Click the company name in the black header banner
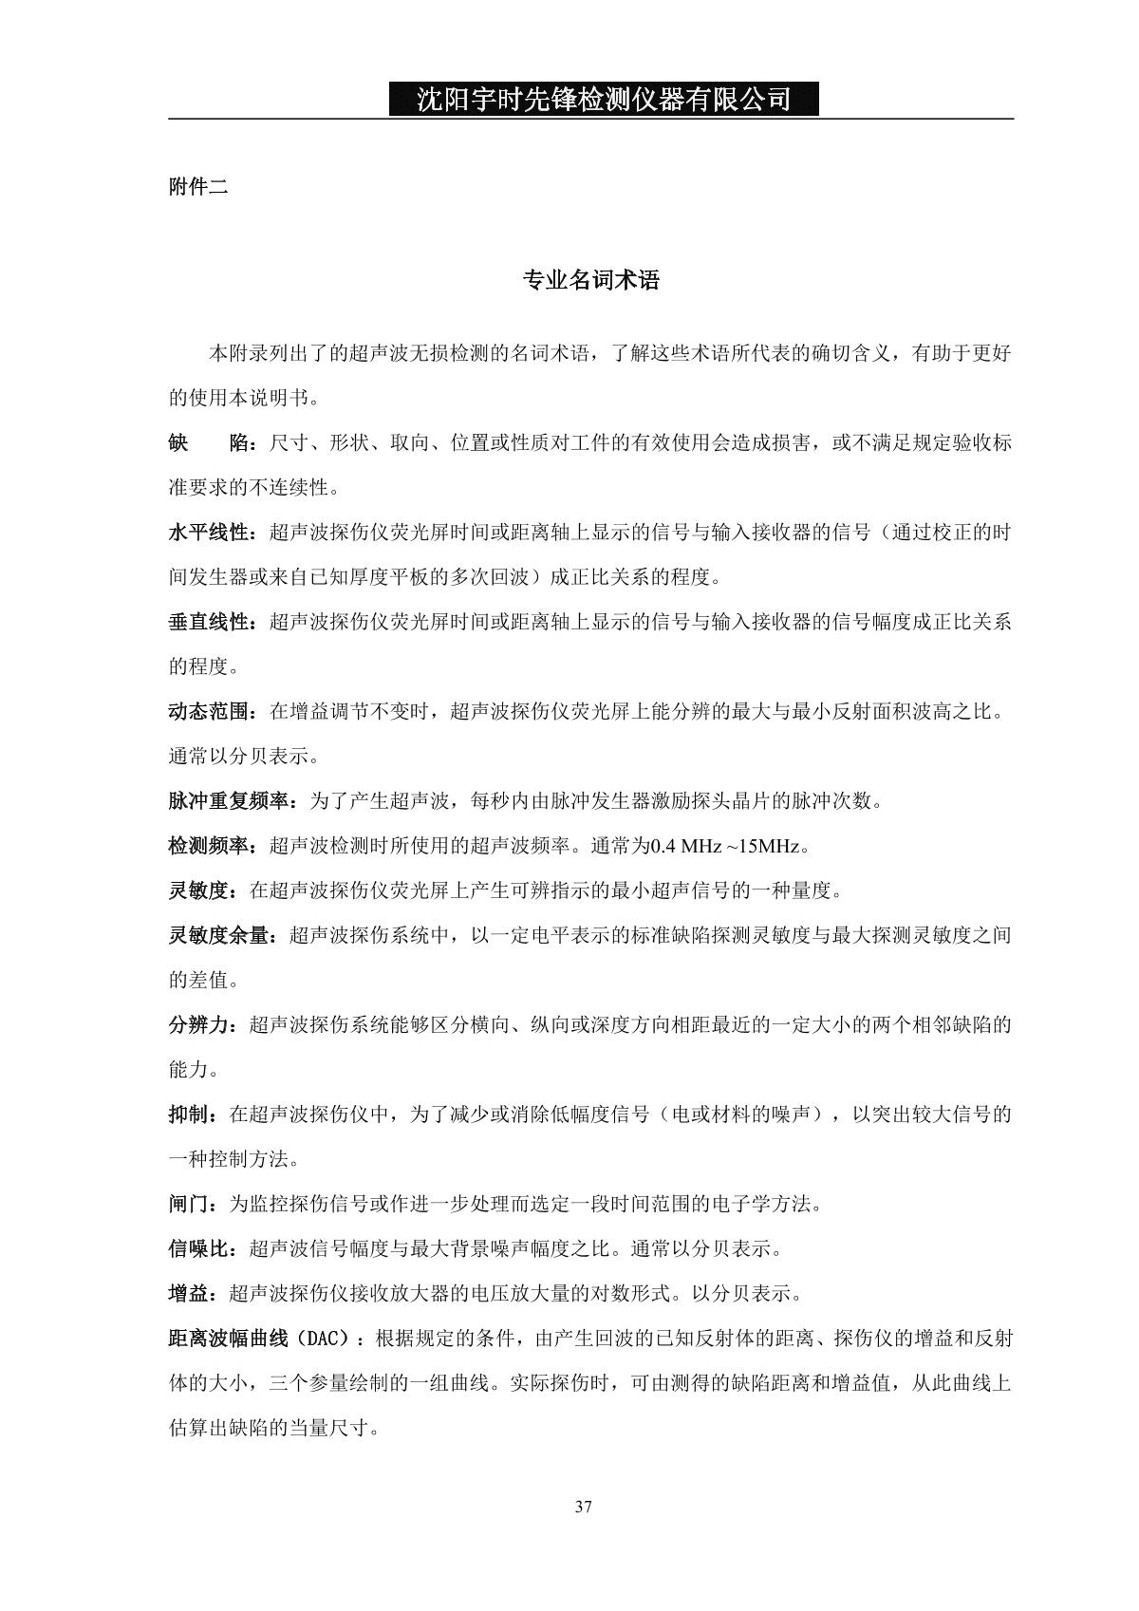click(604, 99)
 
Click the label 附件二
click(198, 187)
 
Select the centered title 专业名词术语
click(591, 280)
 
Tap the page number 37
click(584, 1507)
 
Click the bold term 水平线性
click(209, 533)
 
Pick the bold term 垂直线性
click(209, 623)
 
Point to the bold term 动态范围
click(209, 712)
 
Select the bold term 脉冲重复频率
click(229, 801)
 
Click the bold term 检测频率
click(209, 846)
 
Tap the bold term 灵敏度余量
click(219, 936)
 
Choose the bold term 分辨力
click(199, 1025)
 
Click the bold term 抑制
click(189, 1115)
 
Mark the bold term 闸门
click(189, 1205)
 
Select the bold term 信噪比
click(199, 1249)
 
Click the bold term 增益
click(189, 1294)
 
